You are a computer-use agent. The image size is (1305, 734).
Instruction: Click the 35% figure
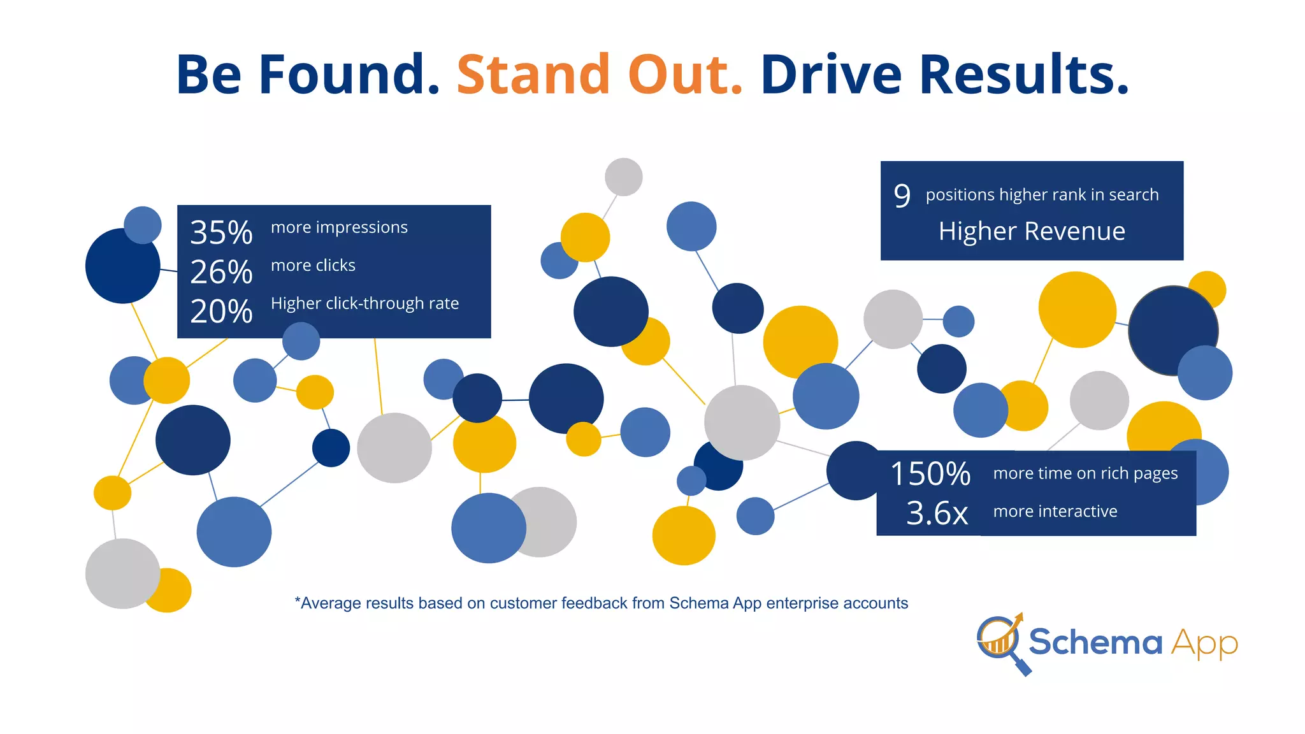tap(221, 233)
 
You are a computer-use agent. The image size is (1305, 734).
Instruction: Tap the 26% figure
tap(221, 272)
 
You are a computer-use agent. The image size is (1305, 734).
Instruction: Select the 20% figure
tap(221, 312)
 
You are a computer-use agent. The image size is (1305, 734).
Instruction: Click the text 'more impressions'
tap(339, 227)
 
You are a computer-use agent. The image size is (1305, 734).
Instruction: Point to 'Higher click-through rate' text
tap(364, 303)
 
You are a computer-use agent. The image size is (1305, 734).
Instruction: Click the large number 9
tap(902, 196)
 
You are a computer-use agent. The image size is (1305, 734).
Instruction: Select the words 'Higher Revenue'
tap(1032, 231)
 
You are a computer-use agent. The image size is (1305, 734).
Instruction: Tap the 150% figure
tap(930, 474)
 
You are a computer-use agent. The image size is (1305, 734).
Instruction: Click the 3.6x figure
tap(937, 513)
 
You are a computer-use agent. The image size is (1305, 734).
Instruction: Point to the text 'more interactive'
tap(1055, 512)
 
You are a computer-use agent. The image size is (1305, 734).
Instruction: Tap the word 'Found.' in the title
tap(349, 75)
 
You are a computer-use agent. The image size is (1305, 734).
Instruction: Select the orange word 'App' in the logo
tap(1204, 644)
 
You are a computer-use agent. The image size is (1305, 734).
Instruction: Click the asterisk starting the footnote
tap(298, 601)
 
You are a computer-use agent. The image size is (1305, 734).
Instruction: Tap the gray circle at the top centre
tap(623, 177)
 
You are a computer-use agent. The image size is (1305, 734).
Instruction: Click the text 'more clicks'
tap(313, 266)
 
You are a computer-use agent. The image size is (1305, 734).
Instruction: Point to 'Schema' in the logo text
tap(1095, 642)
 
